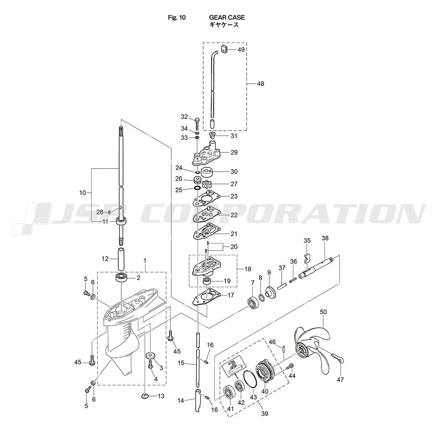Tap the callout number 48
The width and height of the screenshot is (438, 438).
260,84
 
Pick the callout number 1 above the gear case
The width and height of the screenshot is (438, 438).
145,260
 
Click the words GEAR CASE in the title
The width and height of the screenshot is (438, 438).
227,18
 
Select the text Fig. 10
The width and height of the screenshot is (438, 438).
177,18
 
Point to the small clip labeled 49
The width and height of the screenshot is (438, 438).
224,49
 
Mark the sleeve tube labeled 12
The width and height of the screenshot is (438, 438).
121,259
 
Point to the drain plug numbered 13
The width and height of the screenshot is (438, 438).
145,396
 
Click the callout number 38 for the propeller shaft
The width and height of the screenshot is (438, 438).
325,238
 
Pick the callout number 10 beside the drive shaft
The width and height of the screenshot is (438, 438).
83,193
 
